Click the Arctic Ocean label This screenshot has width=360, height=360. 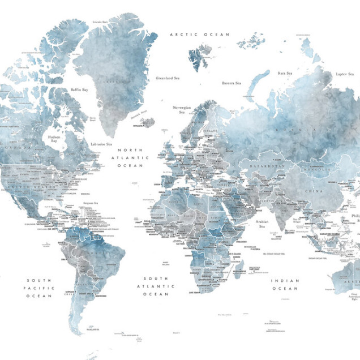200,35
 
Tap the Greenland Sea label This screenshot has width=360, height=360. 168,78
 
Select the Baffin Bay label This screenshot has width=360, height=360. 79,89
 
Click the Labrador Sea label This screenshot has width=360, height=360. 101,144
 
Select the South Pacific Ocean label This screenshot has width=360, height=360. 38,288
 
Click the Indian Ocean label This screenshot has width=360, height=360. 285,285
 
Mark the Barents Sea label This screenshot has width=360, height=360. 231,83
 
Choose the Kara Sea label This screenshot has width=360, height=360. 285,73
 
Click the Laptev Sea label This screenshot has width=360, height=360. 344,74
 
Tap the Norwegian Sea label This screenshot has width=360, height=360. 182,109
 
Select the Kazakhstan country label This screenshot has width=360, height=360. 264,168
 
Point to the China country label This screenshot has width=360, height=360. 314,191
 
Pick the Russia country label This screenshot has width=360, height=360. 301,130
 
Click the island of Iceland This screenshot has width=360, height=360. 148,123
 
